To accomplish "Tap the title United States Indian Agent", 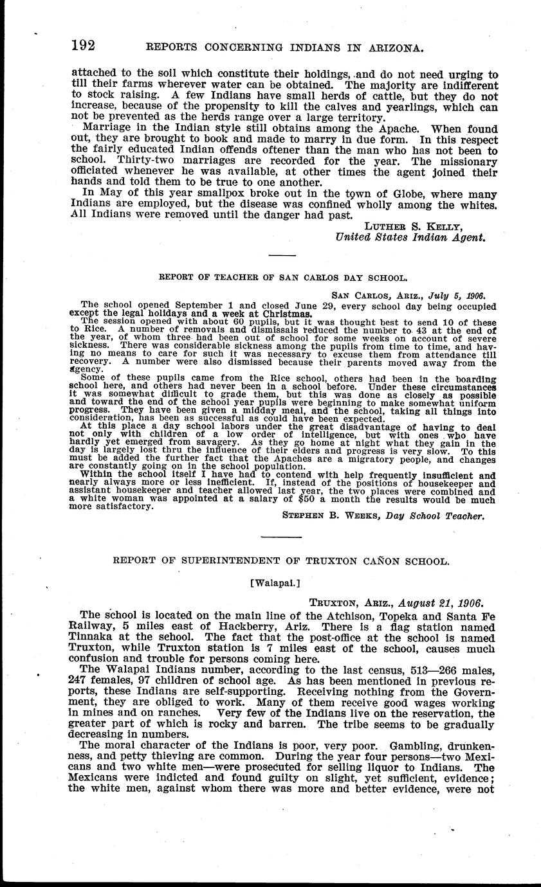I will pyautogui.click(x=410, y=237).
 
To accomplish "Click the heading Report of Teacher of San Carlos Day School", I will pyautogui.click(x=282, y=278).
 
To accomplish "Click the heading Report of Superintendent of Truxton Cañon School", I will pyautogui.click(x=281, y=560).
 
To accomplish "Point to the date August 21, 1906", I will pyautogui.click(x=441, y=604).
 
